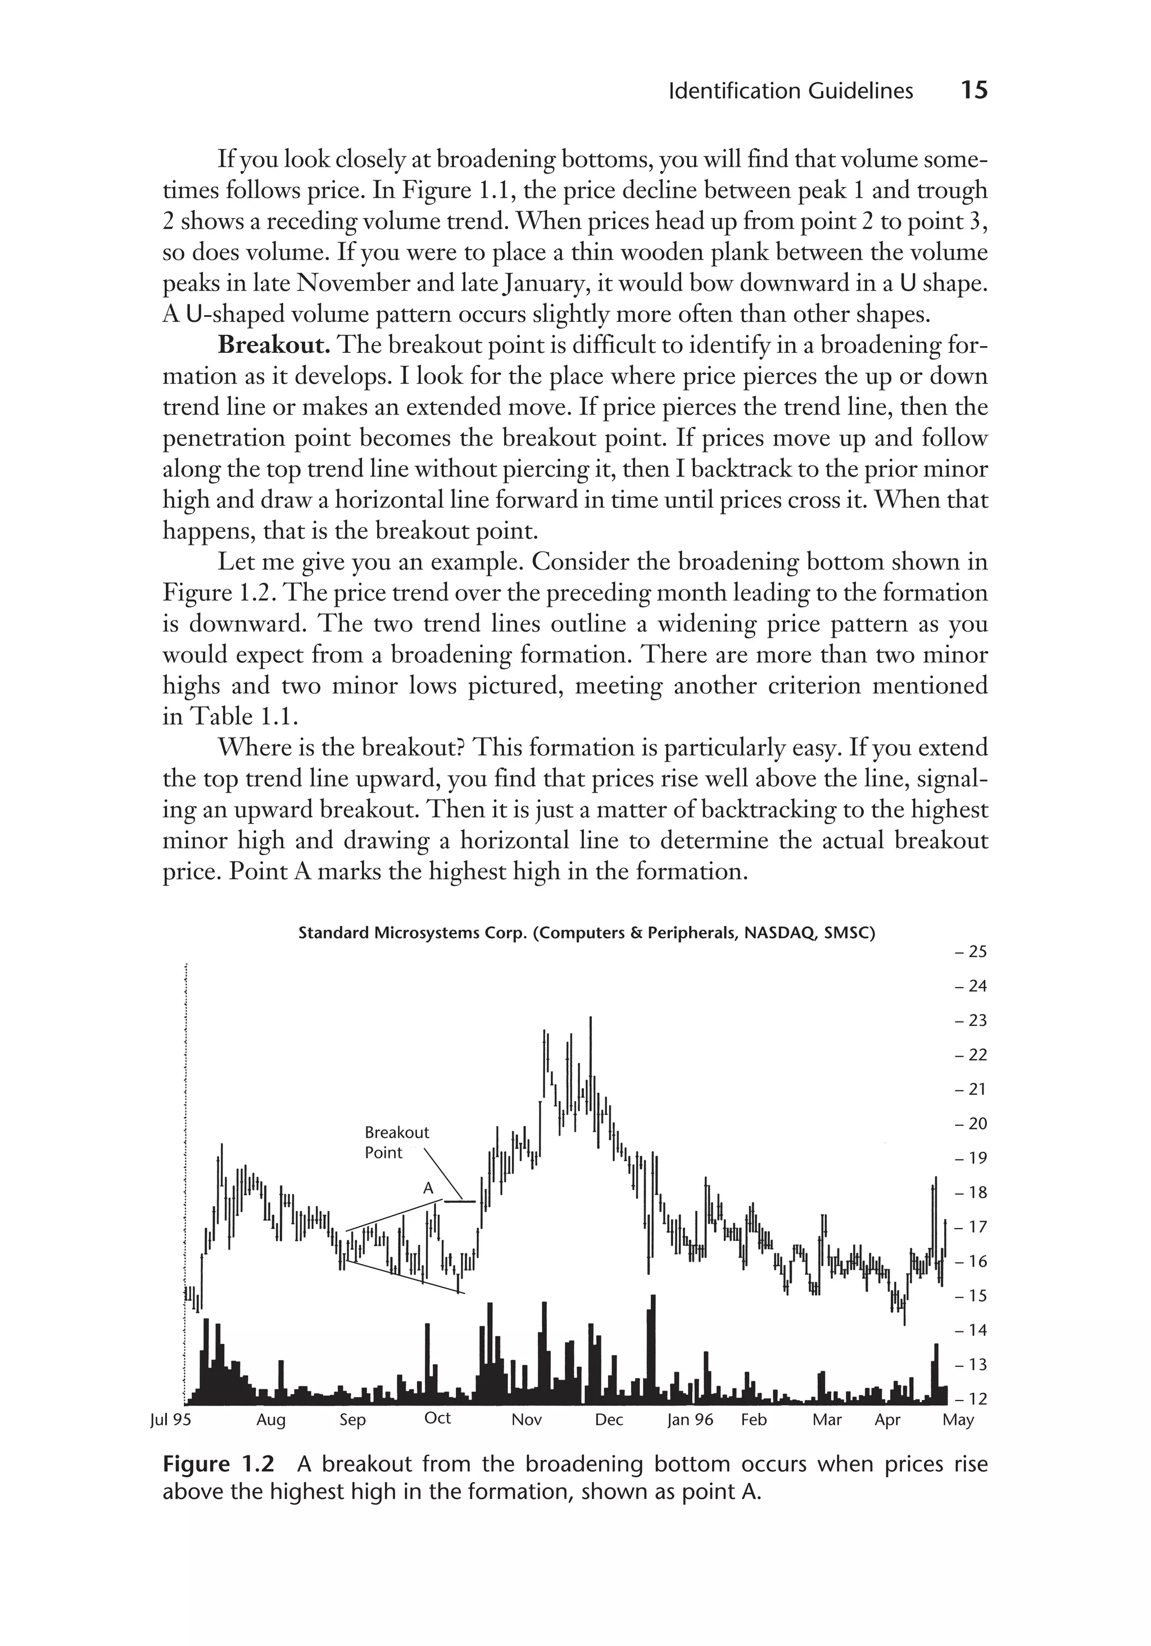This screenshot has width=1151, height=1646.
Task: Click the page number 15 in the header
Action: click(x=973, y=91)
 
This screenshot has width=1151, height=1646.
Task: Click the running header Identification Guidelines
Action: click(x=790, y=92)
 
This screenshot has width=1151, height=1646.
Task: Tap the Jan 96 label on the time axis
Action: click(x=690, y=1420)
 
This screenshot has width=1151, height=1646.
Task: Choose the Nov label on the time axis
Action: click(x=527, y=1420)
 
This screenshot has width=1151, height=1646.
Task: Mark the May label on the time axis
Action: click(x=958, y=1420)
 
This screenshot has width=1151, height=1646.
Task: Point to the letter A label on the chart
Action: click(x=428, y=1188)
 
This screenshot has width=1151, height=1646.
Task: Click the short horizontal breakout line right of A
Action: click(x=460, y=1201)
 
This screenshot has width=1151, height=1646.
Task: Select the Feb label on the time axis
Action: click(x=754, y=1420)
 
